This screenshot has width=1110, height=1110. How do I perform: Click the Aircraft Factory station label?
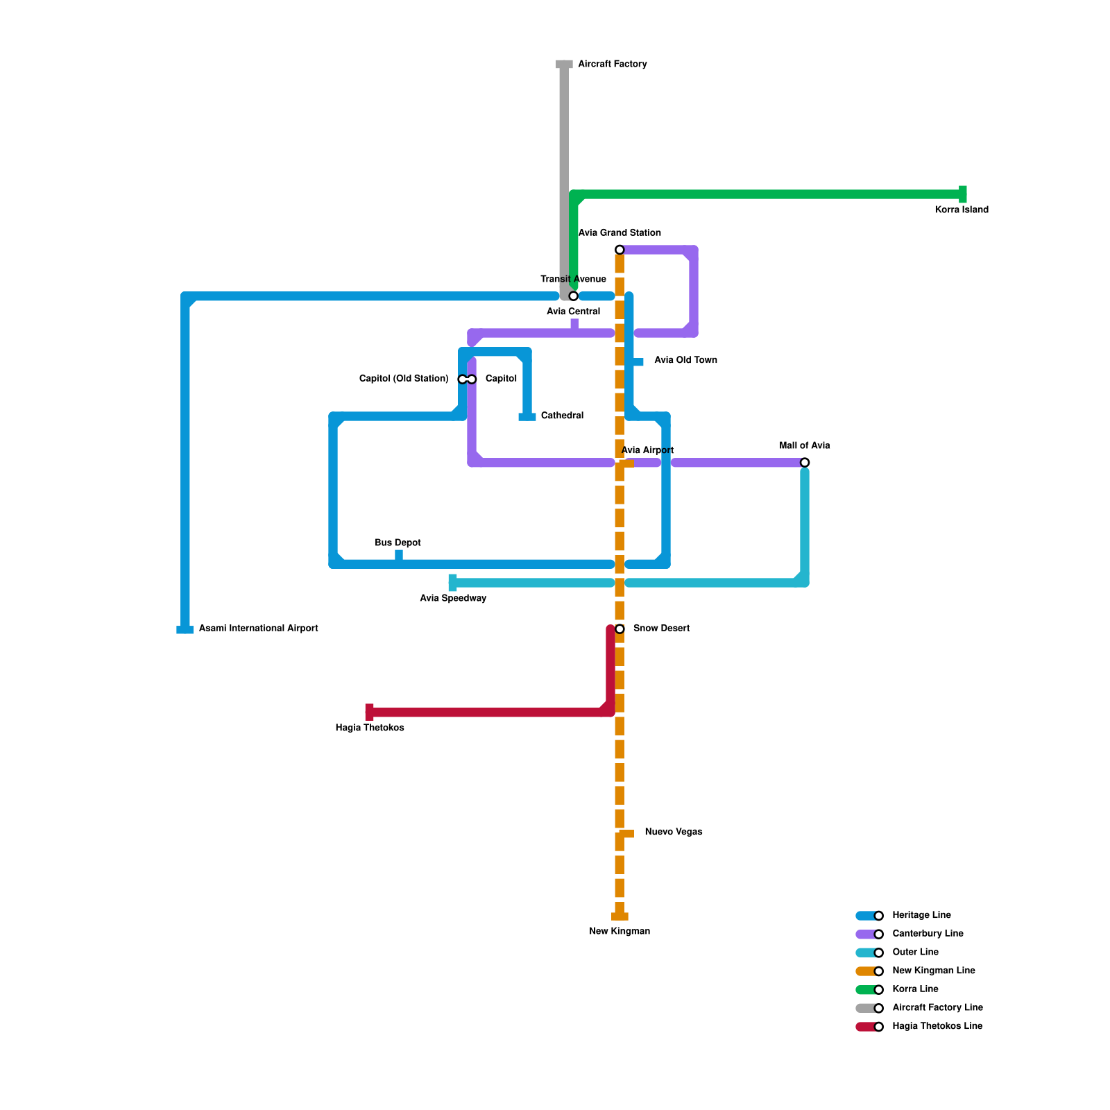pyautogui.click(x=612, y=65)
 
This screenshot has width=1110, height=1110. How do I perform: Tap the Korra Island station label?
pyautogui.click(x=961, y=210)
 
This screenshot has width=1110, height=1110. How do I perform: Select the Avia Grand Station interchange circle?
pyautogui.click(x=620, y=250)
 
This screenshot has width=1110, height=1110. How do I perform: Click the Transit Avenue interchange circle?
pyautogui.click(x=573, y=296)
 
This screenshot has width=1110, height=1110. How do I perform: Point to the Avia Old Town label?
pyautogui.click(x=685, y=360)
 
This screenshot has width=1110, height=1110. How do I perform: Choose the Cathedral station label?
pyautogui.click(x=562, y=416)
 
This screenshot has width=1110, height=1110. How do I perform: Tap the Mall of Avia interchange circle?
pyautogui.click(x=805, y=463)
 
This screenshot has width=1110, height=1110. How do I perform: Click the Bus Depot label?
pyautogui.click(x=398, y=543)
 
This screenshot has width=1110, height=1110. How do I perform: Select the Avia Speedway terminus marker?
pyautogui.click(x=453, y=583)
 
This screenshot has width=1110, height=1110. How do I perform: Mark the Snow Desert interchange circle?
pyautogui.click(x=620, y=629)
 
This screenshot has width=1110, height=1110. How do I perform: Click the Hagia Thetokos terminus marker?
pyautogui.click(x=370, y=712)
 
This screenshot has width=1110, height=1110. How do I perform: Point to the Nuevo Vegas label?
pyautogui.click(x=673, y=832)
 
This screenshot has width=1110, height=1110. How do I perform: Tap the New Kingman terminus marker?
pyautogui.click(x=620, y=916)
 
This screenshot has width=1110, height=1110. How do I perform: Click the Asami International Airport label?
pyautogui.click(x=258, y=629)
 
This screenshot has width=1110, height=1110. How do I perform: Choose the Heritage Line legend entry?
pyautogui.click(x=921, y=916)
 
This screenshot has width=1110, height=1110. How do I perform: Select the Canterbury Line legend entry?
pyautogui.click(x=927, y=934)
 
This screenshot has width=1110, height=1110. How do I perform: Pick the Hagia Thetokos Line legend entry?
pyautogui.click(x=937, y=1027)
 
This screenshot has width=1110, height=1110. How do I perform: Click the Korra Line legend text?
pyautogui.click(x=915, y=989)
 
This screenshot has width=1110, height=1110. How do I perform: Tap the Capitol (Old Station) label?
pyautogui.click(x=404, y=379)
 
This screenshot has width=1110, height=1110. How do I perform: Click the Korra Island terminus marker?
pyautogui.click(x=962, y=194)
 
